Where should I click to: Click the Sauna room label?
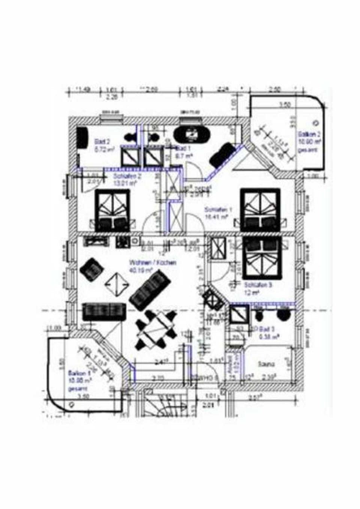pyautogui.click(x=266, y=364)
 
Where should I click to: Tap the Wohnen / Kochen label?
pyautogui.click(x=152, y=263)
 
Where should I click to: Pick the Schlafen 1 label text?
pyautogui.click(x=216, y=210)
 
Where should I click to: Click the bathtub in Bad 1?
pyautogui.click(x=193, y=134)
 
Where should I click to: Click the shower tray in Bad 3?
pyautogui.click(x=239, y=315)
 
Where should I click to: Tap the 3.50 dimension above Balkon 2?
pyautogui.click(x=286, y=105)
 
